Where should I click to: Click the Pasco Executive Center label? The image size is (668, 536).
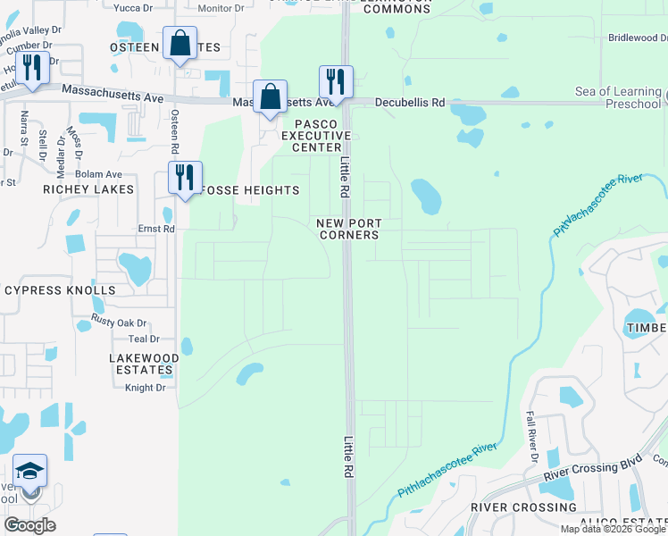(312, 135)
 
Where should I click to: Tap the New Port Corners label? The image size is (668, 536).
(349, 229)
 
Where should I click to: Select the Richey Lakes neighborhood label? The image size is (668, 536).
(88, 189)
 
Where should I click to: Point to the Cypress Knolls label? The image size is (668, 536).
(60, 290)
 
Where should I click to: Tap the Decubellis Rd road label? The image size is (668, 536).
(409, 103)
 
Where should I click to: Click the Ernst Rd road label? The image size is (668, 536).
(156, 229)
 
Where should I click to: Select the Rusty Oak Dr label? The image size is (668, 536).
(119, 322)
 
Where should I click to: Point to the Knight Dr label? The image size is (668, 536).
(145, 387)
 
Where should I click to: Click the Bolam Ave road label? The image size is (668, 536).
(99, 174)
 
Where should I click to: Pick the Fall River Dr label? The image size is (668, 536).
(531, 437)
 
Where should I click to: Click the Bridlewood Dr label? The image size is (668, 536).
(638, 38)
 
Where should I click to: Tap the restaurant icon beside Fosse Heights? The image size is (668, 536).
(186, 176)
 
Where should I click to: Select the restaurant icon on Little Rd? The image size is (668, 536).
(336, 81)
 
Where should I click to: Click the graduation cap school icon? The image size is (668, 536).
(30, 471)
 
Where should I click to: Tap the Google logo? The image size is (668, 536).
(29, 525)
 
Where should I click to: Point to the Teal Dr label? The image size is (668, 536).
(143, 339)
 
